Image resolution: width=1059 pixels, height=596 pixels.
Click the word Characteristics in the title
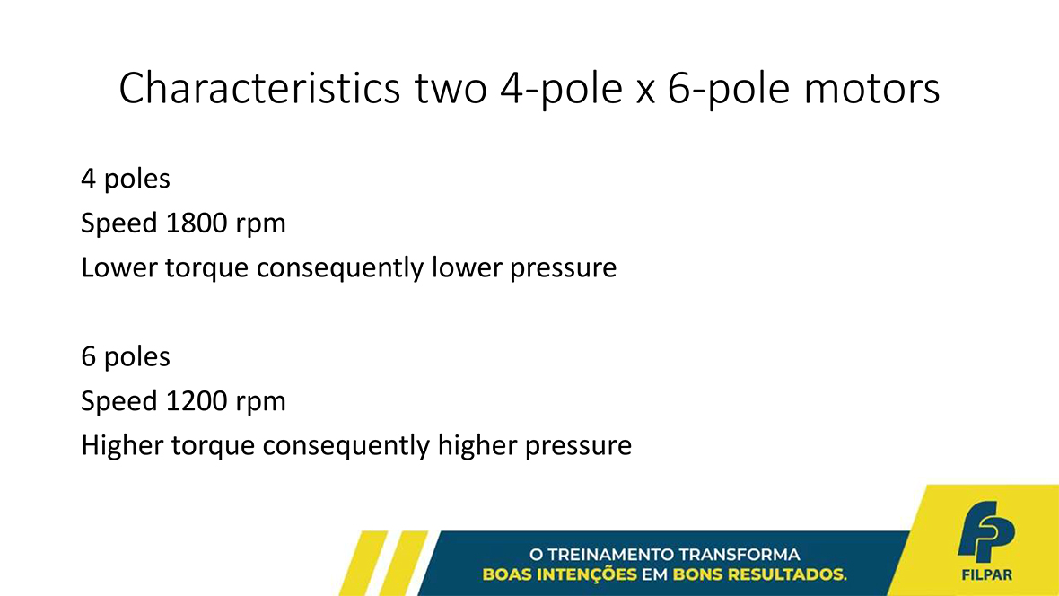pos(260,88)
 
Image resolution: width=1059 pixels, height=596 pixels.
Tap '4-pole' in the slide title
pos(561,89)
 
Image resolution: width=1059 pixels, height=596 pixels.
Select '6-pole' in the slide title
pos(729,89)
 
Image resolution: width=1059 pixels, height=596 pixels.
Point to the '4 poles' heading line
pos(126,180)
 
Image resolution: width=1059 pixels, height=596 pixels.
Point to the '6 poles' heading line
pos(126,356)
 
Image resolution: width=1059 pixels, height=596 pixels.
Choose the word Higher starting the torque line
pos(122,446)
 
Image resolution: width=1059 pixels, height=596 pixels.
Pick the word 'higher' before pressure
pos(477,446)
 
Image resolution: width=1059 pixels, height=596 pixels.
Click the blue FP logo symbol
pos(986,531)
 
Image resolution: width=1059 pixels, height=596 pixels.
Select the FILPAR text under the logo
pos(986,575)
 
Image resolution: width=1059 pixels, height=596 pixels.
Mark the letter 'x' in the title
pos(645,92)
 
